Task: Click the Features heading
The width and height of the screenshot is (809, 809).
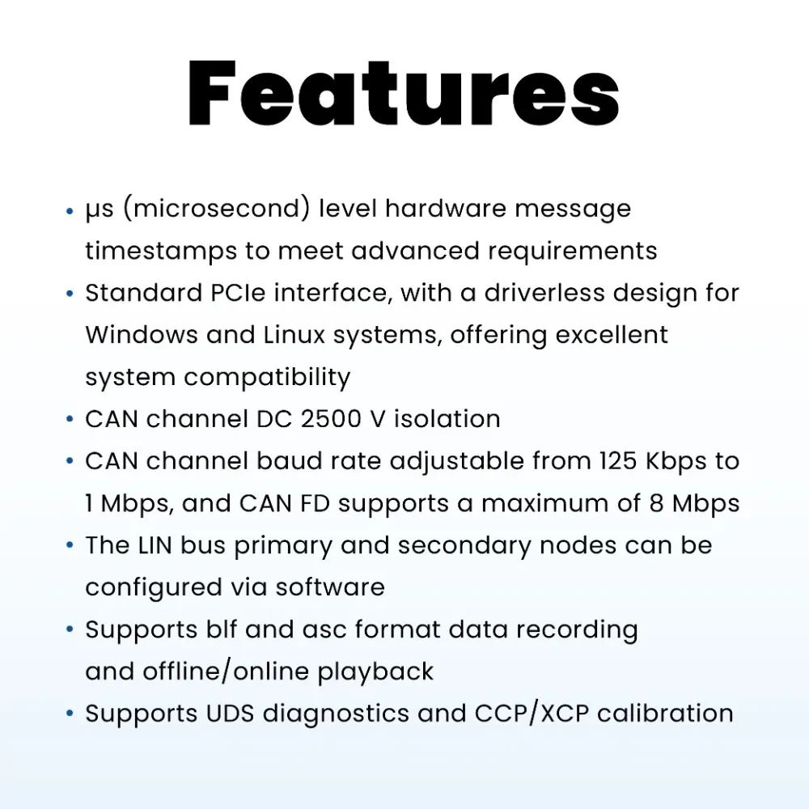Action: (404, 93)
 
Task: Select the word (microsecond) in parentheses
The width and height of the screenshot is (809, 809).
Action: (217, 209)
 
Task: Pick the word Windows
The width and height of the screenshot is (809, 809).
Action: (142, 335)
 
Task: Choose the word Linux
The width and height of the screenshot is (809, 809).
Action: (294, 335)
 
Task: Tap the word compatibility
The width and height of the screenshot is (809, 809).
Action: (267, 378)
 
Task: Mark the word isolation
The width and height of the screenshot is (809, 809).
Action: (447, 419)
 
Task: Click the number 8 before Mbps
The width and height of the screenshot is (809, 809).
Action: (656, 503)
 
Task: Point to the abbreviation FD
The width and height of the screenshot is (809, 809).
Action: (315, 503)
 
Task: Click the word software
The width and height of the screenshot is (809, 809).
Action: (330, 587)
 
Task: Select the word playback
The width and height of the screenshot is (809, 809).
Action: (375, 672)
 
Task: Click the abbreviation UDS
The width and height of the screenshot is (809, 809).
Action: (230, 714)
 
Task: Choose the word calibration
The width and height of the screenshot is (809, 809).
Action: (665, 714)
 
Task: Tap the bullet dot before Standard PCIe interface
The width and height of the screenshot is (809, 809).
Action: (70, 294)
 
